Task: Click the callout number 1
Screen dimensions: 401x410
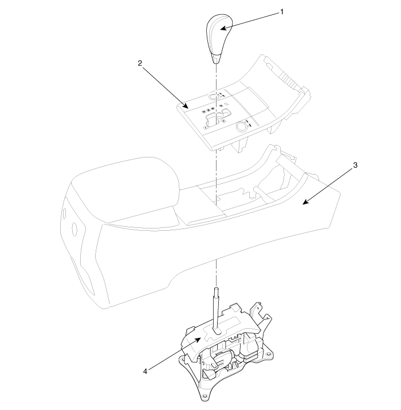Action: [x=282, y=12]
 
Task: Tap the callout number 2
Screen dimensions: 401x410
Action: [x=140, y=63]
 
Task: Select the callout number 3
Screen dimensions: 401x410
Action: [x=355, y=165]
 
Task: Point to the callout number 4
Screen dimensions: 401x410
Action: [x=145, y=371]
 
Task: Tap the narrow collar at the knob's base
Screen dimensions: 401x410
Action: [x=217, y=59]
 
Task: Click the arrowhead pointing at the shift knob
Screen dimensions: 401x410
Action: [x=223, y=28]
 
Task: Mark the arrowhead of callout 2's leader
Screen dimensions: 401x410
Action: [x=186, y=106]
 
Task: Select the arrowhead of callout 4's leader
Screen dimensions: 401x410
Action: [x=198, y=339]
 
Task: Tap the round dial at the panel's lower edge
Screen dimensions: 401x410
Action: [x=241, y=127]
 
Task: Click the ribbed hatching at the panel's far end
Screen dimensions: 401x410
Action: [x=288, y=79]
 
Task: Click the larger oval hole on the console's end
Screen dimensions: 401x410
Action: [x=75, y=229]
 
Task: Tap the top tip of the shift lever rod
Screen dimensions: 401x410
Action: [x=217, y=289]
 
